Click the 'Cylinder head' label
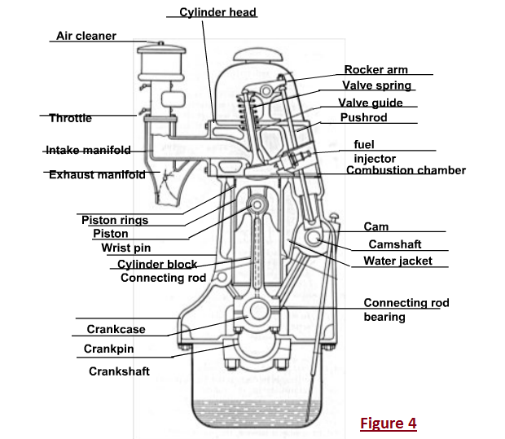point(217,12)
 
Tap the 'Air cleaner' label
point(86,36)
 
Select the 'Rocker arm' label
point(375,70)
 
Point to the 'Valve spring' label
point(377,85)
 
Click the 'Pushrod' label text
point(364,117)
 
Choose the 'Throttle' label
point(70,118)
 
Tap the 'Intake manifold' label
point(88,151)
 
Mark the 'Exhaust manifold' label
point(97,174)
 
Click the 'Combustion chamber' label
point(406,170)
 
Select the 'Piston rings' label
point(115,220)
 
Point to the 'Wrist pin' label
point(126,248)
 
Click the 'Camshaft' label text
point(395,244)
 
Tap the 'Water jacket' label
point(397,261)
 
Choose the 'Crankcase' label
point(116,330)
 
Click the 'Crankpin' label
point(109,349)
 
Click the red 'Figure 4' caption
point(389,424)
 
